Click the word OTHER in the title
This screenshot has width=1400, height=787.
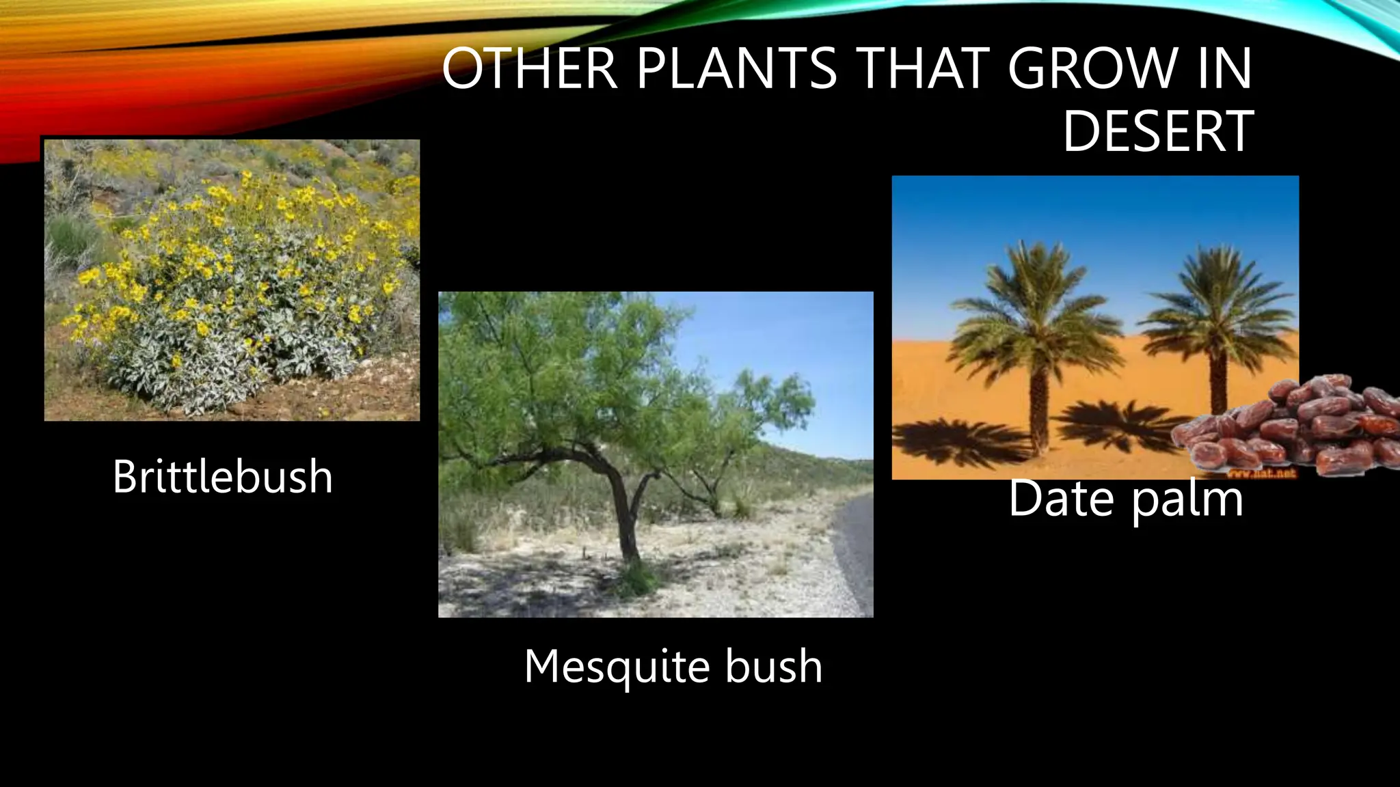pyautogui.click(x=530, y=68)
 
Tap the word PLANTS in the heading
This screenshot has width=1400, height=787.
pyautogui.click(x=737, y=68)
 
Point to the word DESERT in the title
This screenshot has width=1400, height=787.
pyautogui.click(x=1158, y=131)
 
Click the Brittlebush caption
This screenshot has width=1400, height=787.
pyautogui.click(x=222, y=476)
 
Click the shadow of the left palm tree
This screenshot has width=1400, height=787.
pyautogui.click(x=957, y=441)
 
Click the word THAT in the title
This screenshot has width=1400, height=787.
pyautogui.click(x=921, y=68)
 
